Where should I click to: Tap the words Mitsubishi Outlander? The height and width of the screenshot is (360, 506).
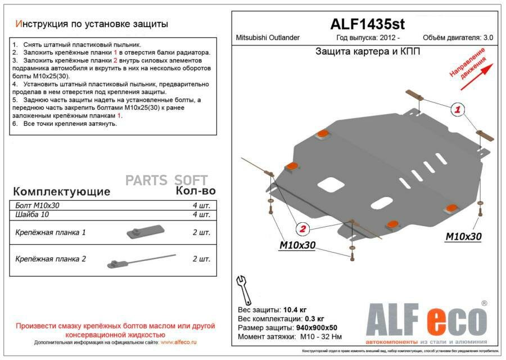click(x=267, y=38)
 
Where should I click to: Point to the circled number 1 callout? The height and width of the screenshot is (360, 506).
click(x=458, y=110)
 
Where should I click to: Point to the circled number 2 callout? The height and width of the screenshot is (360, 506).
click(x=302, y=229)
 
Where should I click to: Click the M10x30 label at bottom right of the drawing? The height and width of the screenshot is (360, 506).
click(x=463, y=237)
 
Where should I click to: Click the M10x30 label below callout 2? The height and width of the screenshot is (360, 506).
click(x=297, y=245)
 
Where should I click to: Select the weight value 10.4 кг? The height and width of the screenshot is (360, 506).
click(x=295, y=309)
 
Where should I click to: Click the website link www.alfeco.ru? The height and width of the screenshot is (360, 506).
click(x=179, y=342)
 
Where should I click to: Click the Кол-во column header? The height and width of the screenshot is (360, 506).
click(x=192, y=190)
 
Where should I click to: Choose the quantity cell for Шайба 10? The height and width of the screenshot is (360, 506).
click(x=201, y=214)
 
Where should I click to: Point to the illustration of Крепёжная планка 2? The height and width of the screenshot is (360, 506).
click(x=141, y=260)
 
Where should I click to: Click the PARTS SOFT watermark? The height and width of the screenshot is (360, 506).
click(x=166, y=181)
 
